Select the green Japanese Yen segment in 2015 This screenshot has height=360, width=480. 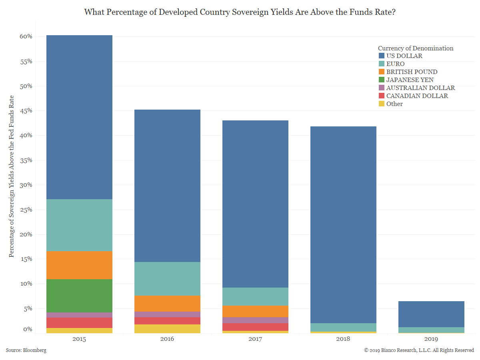79,296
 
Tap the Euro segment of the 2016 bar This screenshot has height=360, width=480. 167,279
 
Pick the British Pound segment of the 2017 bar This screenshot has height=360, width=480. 255,311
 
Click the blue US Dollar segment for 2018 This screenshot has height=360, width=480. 343,224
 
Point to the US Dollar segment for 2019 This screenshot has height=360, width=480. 431,314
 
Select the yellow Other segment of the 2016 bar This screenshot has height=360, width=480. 167,329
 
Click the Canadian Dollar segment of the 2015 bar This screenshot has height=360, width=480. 79,323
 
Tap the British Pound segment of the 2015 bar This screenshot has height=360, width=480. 79,265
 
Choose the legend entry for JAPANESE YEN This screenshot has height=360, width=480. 410,80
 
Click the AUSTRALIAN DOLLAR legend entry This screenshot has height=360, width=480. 420,88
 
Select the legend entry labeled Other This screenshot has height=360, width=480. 394,104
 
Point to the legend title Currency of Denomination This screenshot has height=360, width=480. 416,48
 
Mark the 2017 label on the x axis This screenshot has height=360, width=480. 255,339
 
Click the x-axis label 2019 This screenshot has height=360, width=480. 431,339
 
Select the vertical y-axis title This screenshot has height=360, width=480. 12,176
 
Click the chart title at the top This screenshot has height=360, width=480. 240,12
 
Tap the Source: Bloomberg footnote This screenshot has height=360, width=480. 26,350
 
